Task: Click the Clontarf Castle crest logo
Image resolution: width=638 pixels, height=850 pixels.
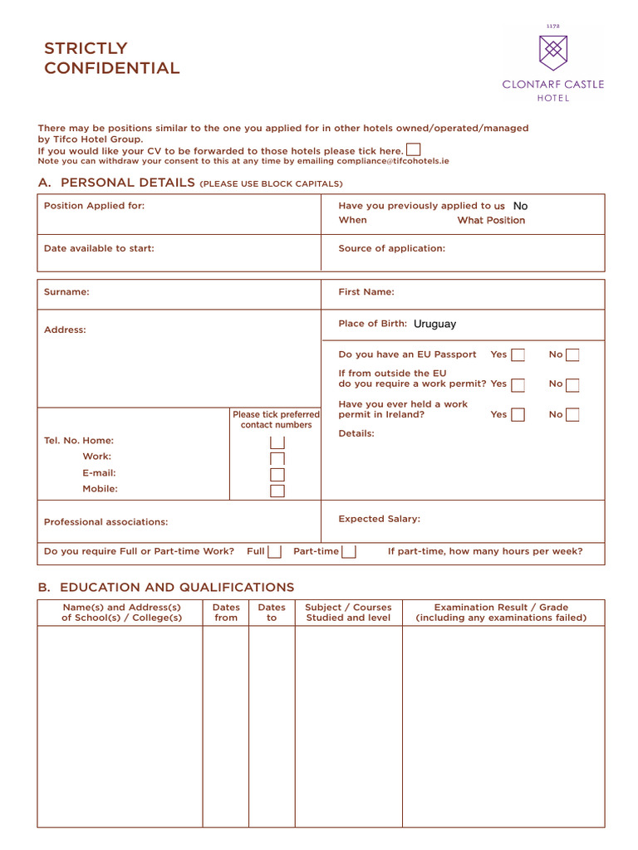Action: [x=553, y=52]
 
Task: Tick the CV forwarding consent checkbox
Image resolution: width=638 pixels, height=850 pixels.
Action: [x=413, y=149]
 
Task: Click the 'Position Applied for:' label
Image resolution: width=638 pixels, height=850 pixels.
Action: [x=94, y=206]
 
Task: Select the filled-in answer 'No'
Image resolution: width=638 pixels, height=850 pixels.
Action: [x=520, y=206]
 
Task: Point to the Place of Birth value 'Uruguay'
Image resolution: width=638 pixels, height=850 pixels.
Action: [x=434, y=324]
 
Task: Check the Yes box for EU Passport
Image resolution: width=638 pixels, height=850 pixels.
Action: [x=518, y=355]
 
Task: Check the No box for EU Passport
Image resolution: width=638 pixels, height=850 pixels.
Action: [x=572, y=355]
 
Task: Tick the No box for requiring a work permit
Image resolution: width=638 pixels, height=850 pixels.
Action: [x=572, y=385]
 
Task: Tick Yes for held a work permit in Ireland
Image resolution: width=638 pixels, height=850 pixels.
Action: [x=518, y=415]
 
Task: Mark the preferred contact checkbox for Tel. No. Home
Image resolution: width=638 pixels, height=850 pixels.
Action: [x=277, y=442]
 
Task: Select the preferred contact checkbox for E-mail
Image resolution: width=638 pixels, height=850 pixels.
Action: [x=277, y=474]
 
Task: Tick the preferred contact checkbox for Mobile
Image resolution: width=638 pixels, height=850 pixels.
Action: [x=277, y=491]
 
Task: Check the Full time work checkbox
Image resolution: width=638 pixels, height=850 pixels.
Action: [x=274, y=552]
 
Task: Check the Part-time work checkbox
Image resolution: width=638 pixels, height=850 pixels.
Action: [x=350, y=552]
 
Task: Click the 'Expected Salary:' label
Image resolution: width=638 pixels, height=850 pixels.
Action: [x=379, y=519]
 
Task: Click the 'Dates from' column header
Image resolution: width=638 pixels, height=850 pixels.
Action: [x=225, y=613]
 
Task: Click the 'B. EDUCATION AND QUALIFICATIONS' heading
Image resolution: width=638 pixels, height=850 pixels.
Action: [x=165, y=588]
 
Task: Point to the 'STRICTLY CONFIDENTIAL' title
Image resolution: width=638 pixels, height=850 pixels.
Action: [x=111, y=58]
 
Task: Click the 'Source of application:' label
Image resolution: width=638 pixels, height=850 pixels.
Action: [x=391, y=248]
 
